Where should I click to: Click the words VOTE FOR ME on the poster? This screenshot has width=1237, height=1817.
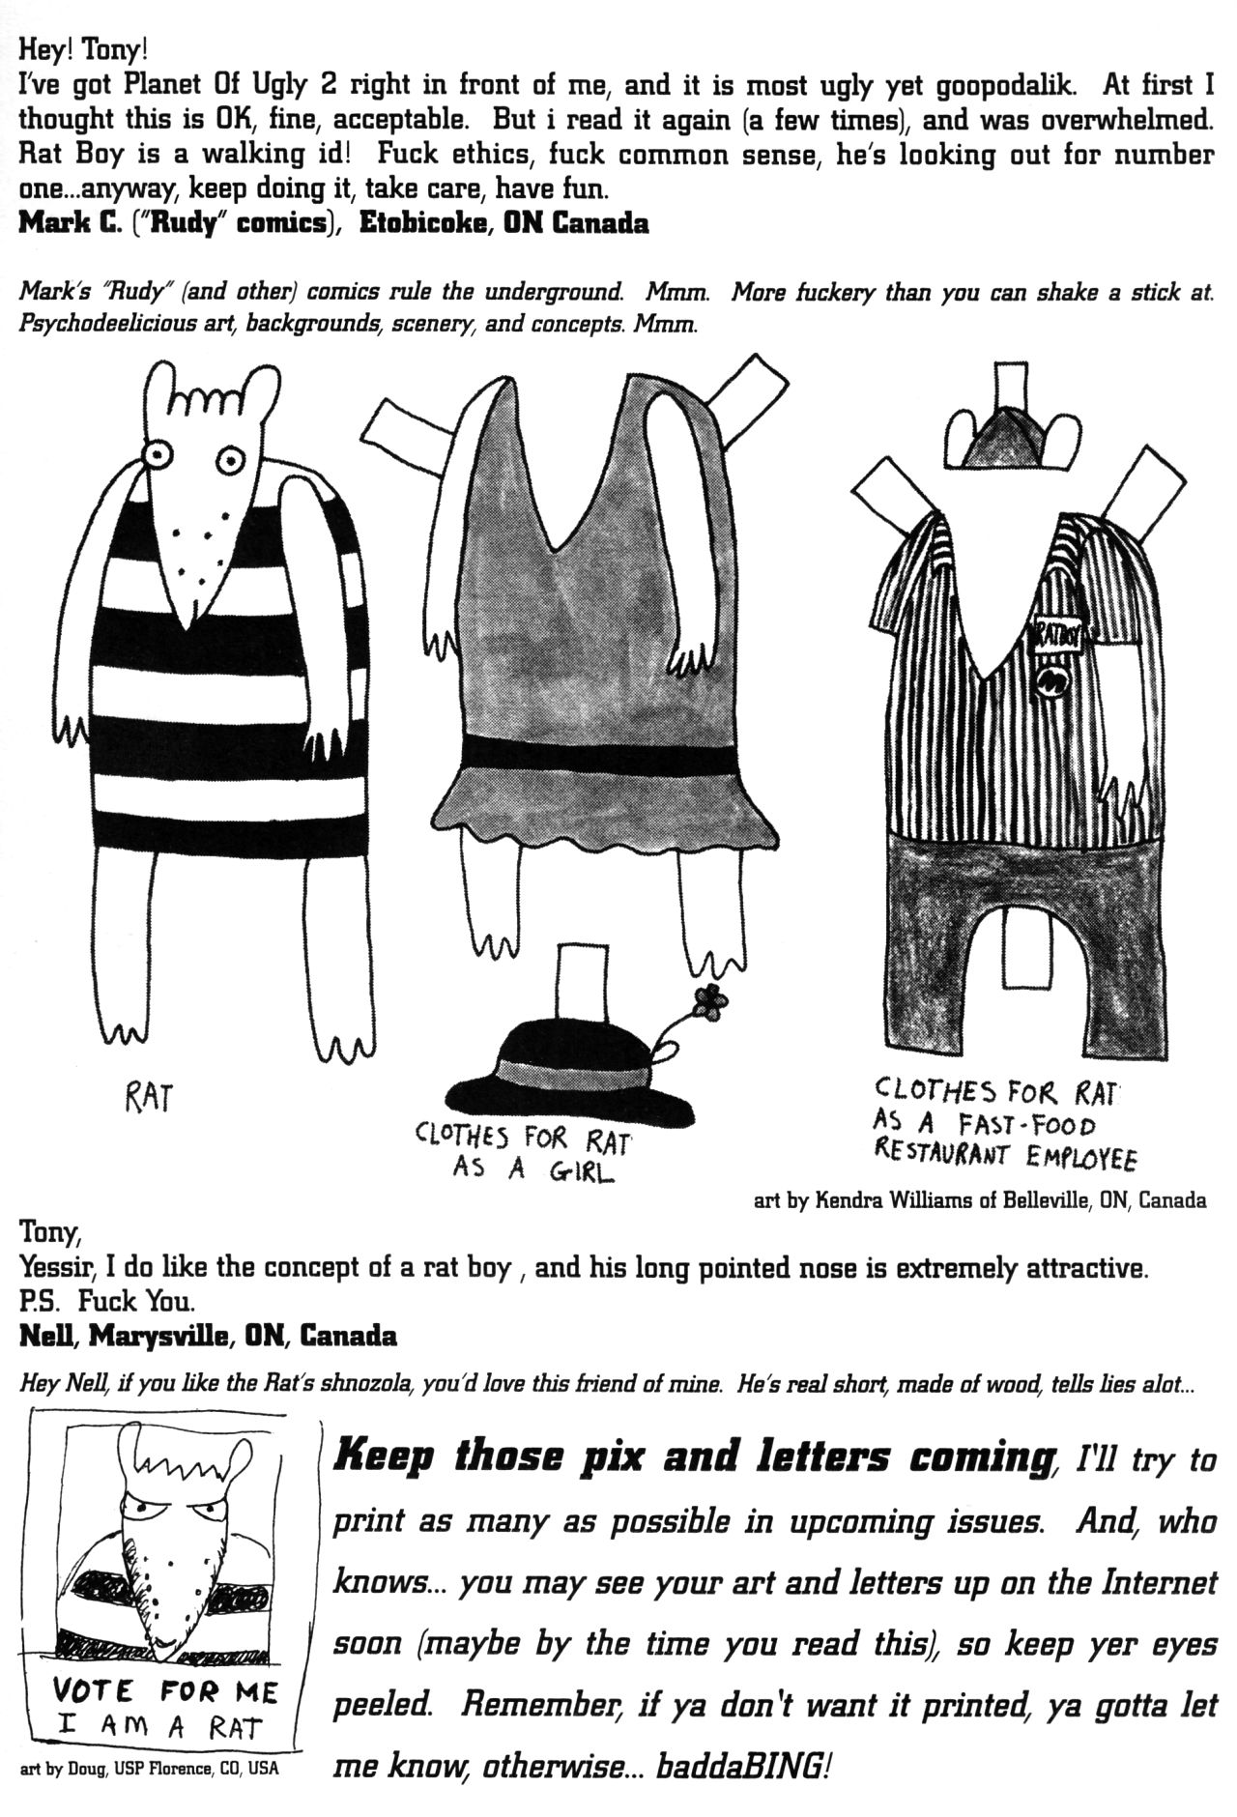(x=165, y=1691)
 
